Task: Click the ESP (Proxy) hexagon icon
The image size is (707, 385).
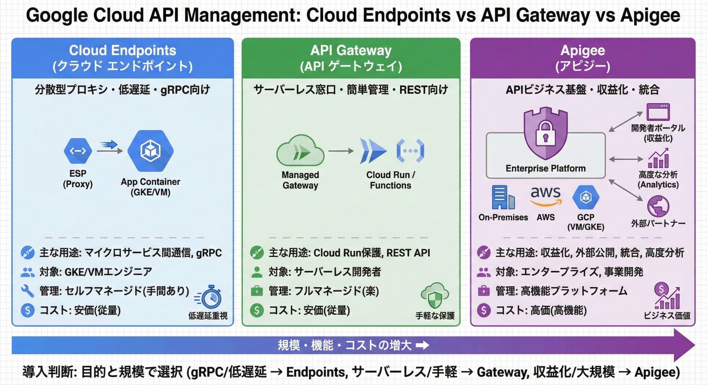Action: click(x=78, y=151)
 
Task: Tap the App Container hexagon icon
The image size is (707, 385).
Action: click(x=151, y=151)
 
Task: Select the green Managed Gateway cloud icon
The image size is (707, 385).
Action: click(x=300, y=151)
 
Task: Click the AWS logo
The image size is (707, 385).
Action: click(x=546, y=196)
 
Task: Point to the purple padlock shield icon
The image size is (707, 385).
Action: click(x=545, y=133)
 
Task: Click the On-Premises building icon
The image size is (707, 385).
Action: click(x=503, y=197)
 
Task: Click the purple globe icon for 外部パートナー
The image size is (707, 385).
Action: click(x=658, y=206)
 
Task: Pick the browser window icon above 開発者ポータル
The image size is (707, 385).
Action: click(x=658, y=112)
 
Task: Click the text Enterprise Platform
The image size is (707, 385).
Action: click(x=545, y=168)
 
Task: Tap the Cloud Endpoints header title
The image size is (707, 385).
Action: click(x=123, y=50)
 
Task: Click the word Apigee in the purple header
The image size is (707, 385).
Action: click(x=583, y=50)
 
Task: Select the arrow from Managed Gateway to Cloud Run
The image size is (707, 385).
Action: click(x=341, y=151)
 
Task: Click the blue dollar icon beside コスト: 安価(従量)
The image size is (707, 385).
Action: click(x=28, y=311)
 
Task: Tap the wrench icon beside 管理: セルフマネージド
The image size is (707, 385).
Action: click(x=28, y=291)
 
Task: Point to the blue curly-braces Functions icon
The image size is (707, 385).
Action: click(x=410, y=151)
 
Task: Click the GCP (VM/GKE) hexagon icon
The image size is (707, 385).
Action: click(x=585, y=197)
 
